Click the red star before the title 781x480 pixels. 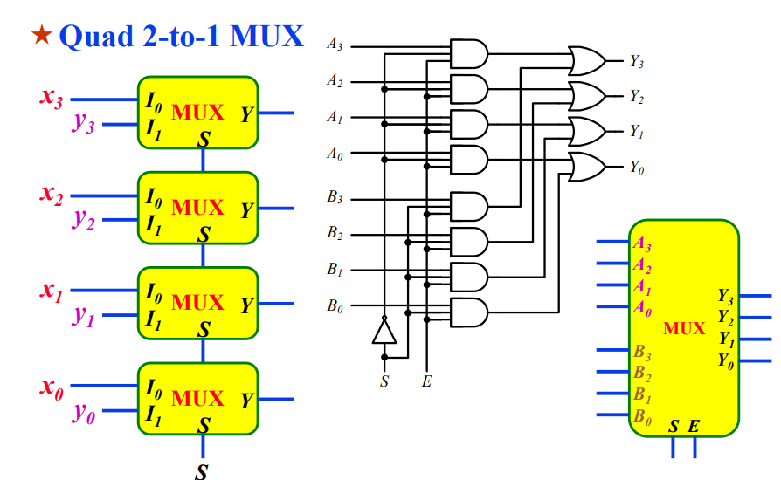tap(41, 36)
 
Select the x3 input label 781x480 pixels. tap(51, 97)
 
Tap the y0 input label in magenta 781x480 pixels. tap(83, 413)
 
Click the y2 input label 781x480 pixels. tap(83, 220)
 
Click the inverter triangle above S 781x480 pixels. tap(383, 331)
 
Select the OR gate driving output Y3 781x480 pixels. tap(586, 61)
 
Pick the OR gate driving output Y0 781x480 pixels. tap(586, 167)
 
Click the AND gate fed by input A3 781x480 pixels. tap(467, 53)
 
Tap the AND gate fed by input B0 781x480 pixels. tap(467, 312)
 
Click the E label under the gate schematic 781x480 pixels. tap(426, 381)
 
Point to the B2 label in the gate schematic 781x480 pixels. tap(335, 234)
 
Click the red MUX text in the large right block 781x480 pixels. tap(684, 329)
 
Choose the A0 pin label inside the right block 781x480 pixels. tap(642, 307)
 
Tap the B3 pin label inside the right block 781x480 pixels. tap(642, 353)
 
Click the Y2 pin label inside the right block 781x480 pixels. tap(726, 316)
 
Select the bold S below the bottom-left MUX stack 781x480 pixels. tap(203, 472)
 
